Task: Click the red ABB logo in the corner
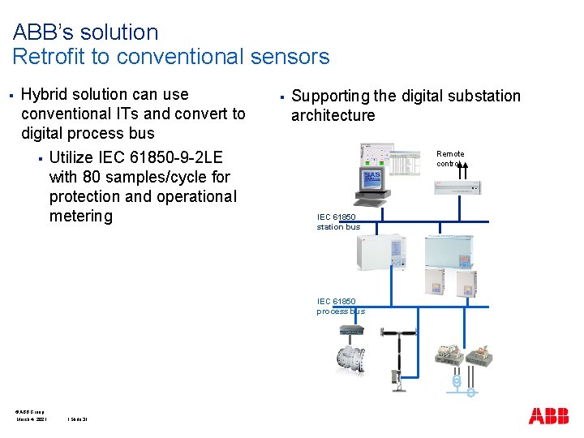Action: pos(548,416)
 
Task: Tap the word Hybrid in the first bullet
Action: pos(45,94)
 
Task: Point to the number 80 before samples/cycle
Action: pos(92,177)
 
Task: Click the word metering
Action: pos(80,216)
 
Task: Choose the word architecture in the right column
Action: pos(333,115)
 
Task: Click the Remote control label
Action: pos(450,158)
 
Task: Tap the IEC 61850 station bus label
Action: pos(338,222)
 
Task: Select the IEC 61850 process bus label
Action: pos(341,306)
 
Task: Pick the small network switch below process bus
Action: pos(351,330)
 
